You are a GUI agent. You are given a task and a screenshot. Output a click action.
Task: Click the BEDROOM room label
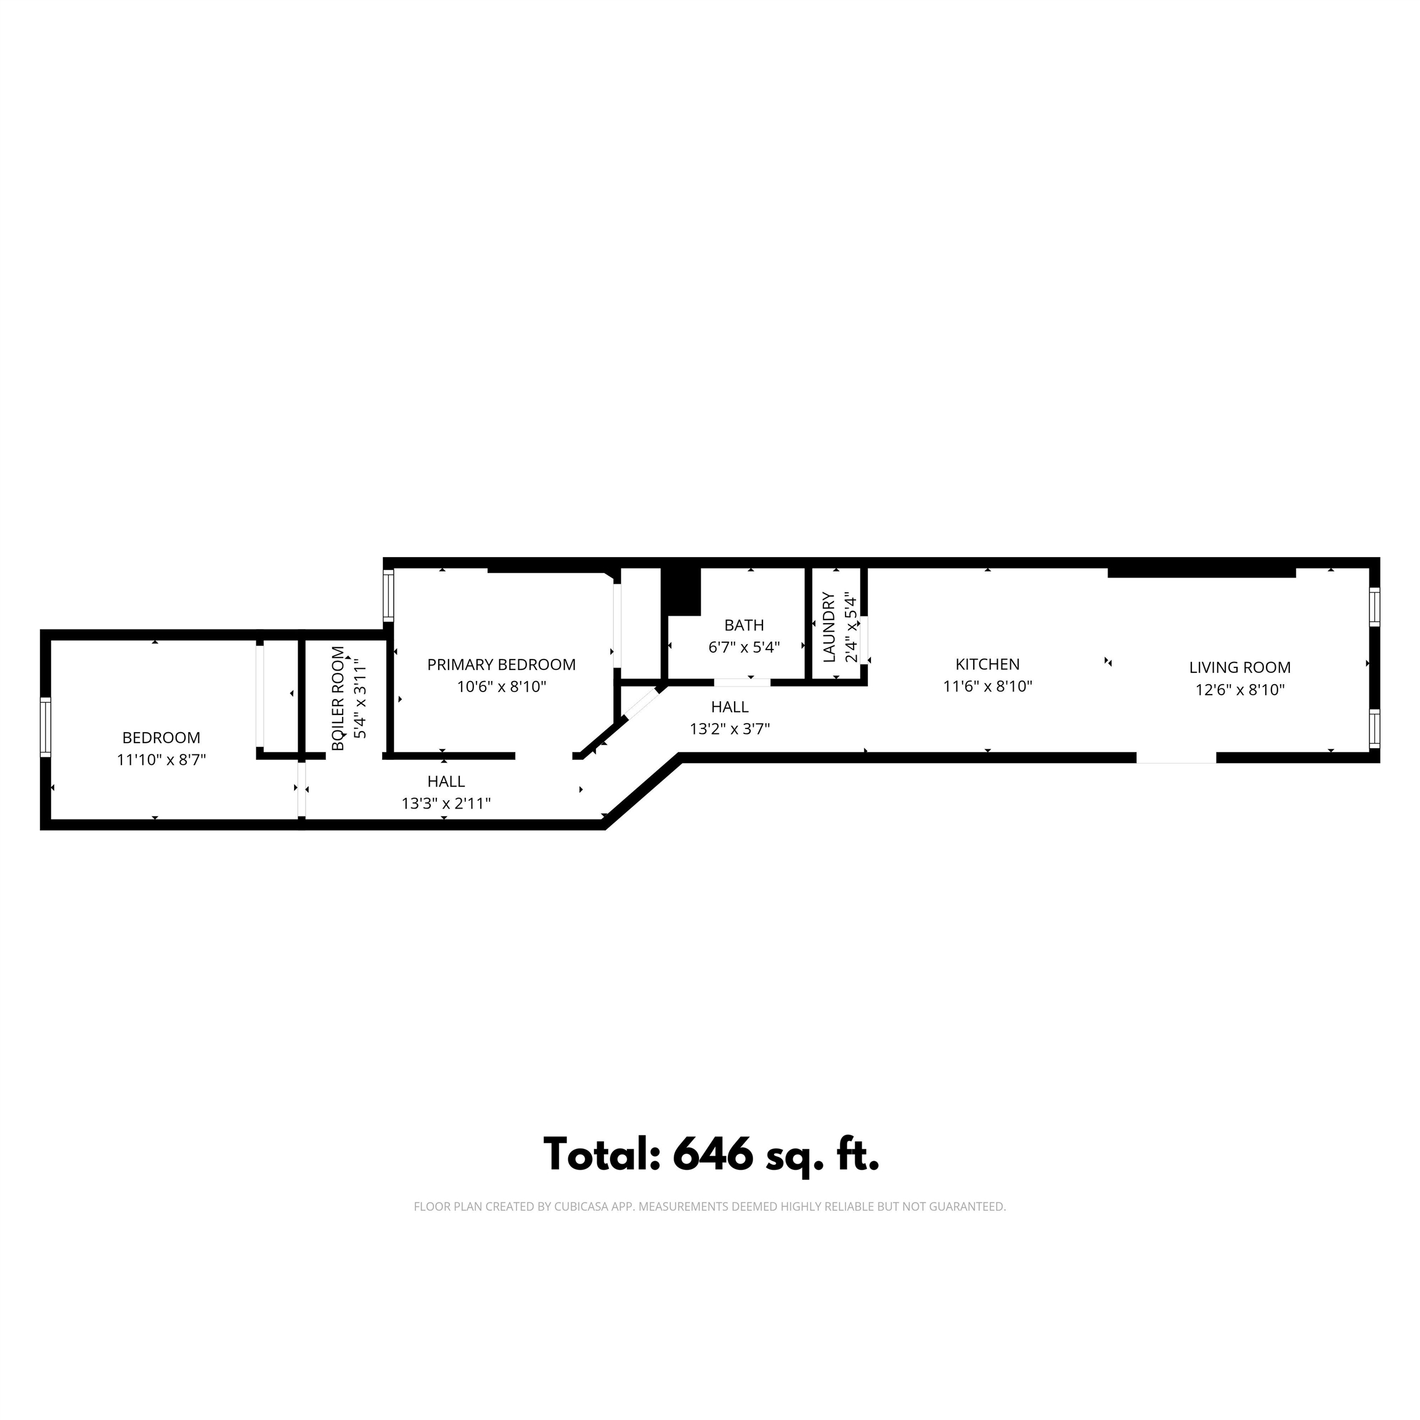161,737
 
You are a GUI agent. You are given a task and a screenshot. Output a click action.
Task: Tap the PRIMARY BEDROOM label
501,664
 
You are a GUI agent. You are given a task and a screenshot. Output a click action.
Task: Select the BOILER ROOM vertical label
337,698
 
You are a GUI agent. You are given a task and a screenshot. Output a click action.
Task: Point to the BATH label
744,626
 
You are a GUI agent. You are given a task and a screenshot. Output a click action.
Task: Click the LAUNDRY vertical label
830,627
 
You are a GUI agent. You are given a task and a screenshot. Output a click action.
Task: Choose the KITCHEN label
987,664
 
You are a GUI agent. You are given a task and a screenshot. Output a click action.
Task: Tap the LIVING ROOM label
1239,667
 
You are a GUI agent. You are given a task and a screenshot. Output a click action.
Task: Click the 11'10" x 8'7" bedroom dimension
161,760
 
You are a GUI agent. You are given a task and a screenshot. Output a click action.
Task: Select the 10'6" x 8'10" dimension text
501,687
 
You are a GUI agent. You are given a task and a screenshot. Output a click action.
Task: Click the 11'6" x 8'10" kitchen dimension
987,687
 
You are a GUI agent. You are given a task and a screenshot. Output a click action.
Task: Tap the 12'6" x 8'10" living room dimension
1239,690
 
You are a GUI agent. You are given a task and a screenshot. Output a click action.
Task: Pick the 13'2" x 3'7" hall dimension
729,729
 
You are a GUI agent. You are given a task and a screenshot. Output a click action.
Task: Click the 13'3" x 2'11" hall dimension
446,803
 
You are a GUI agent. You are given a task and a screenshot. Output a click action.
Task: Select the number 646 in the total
712,1153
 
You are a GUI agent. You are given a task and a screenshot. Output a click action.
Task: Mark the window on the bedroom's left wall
46,728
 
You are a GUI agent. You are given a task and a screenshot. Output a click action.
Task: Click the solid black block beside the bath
681,591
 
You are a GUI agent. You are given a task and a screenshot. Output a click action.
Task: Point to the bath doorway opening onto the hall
741,682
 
